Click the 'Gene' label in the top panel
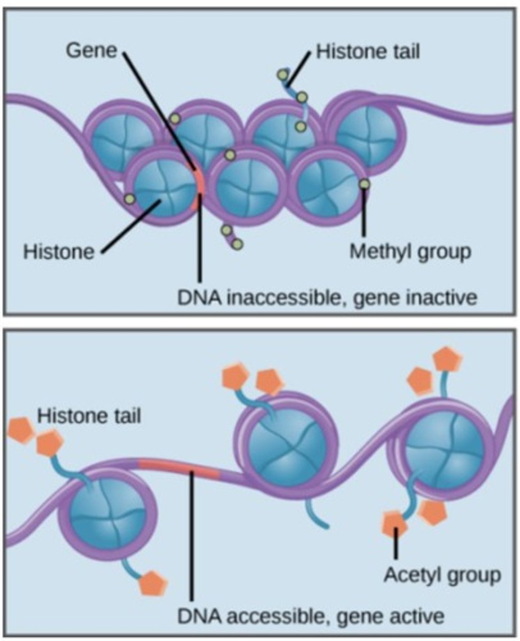92,52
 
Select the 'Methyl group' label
410,251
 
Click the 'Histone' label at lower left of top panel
58,251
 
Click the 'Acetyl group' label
443,575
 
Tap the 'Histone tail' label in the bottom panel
89,415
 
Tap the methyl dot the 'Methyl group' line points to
364,184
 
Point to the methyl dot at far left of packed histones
129,199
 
